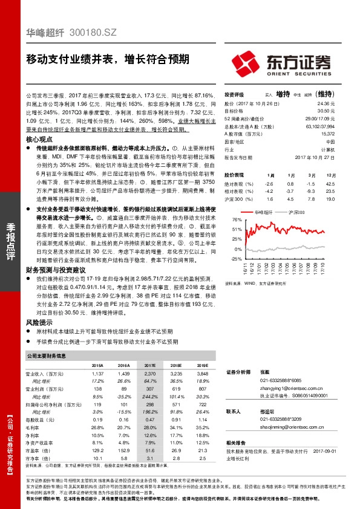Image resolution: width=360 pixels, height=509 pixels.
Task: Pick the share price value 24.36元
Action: [x=325, y=103]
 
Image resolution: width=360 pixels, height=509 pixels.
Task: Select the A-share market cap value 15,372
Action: [x=326, y=134]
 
